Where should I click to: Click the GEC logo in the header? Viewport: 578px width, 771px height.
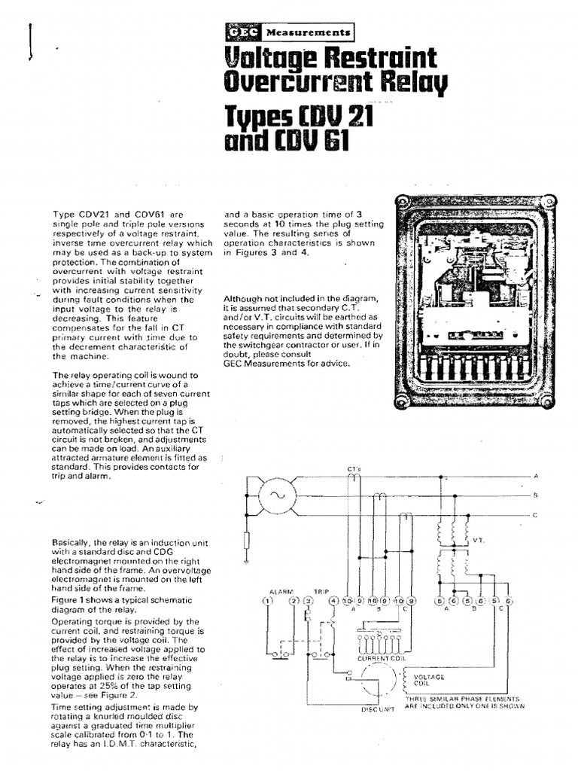[242, 32]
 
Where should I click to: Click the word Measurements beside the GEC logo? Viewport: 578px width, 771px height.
[307, 33]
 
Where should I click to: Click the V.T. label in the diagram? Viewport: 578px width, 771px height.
[478, 540]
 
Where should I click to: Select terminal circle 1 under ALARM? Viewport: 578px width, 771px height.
[266, 600]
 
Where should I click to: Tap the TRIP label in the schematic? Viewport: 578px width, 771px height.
[321, 591]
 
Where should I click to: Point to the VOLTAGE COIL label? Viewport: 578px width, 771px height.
[430, 680]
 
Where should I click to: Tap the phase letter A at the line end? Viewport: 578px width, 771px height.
[536, 477]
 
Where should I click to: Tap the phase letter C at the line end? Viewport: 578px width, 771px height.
[536, 514]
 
